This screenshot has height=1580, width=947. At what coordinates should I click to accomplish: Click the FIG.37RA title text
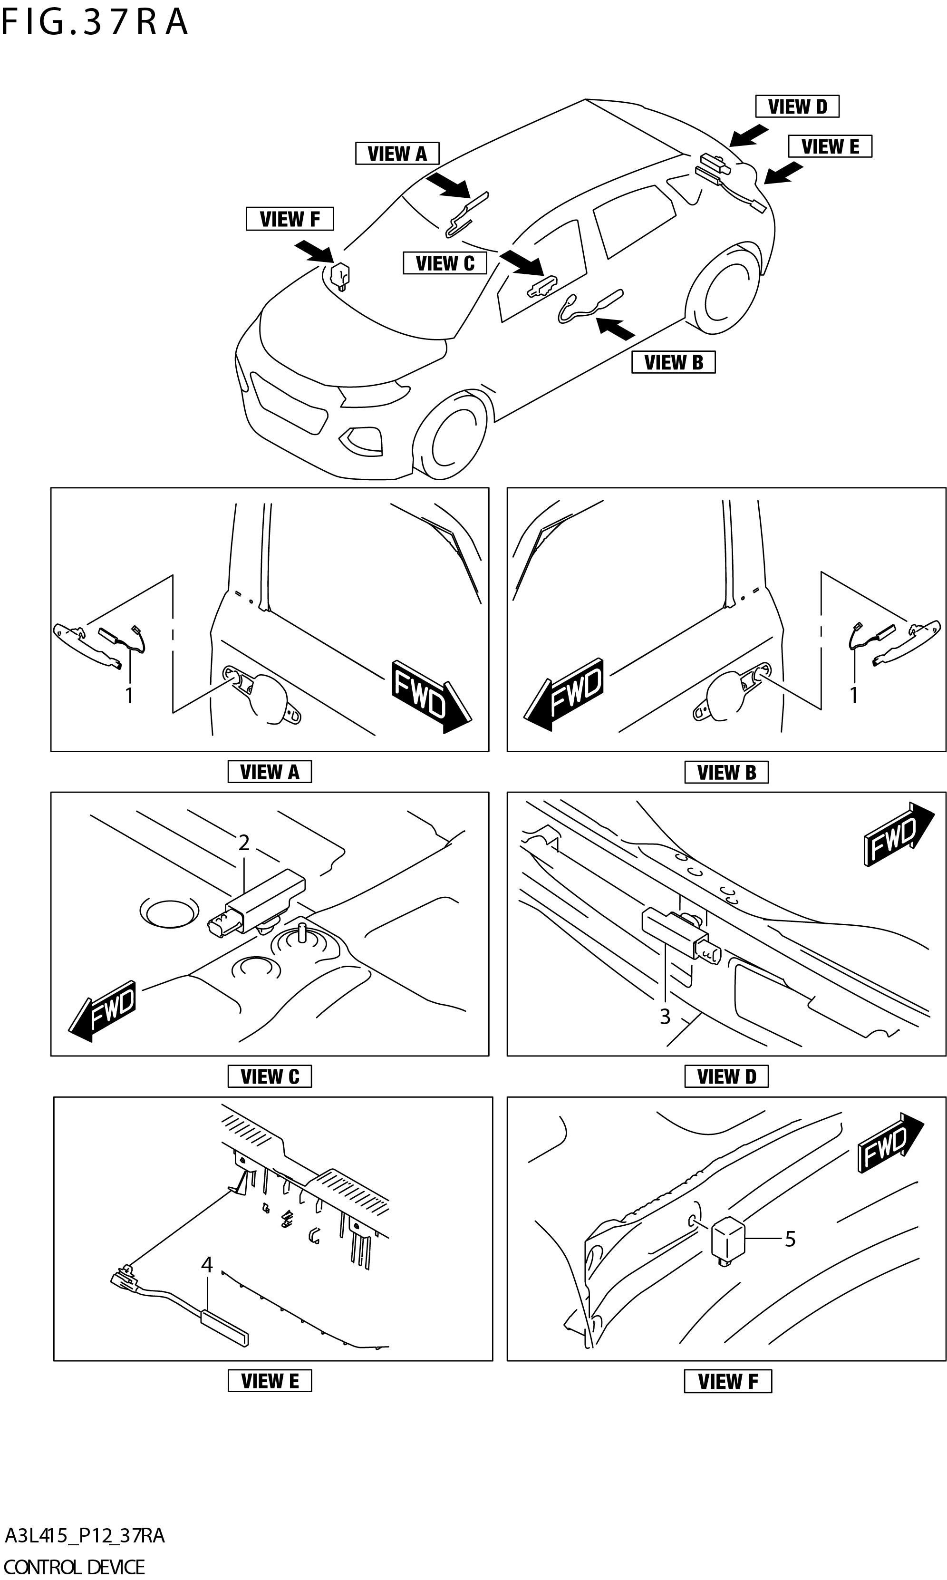95,22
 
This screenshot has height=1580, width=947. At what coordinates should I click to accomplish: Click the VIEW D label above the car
797,107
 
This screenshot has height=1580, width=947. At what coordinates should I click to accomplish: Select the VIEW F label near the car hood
290,219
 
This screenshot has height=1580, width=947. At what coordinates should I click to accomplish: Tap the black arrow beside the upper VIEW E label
783,173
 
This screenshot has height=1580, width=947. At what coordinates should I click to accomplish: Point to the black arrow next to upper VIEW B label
616,327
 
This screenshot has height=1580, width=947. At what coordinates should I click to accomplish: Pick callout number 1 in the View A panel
129,696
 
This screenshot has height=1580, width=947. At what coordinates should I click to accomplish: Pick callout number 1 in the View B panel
854,695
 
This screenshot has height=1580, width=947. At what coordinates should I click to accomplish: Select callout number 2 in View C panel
244,843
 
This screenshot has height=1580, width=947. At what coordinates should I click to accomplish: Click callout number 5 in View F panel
790,1238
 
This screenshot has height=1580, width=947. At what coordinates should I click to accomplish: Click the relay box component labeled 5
727,1239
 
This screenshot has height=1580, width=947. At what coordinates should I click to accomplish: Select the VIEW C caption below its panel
270,1076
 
